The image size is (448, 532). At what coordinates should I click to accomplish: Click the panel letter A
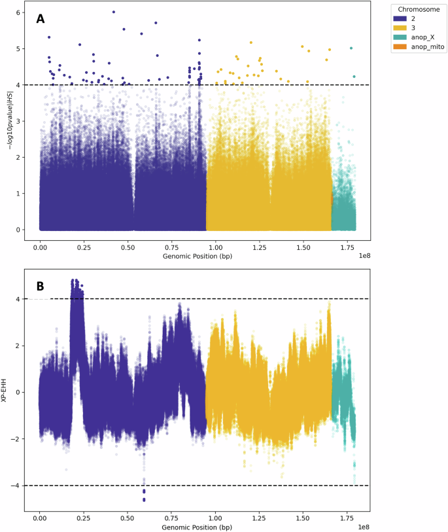(x=41, y=19)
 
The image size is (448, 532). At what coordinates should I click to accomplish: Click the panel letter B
(x=41, y=285)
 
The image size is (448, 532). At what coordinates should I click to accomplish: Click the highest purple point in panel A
(x=114, y=12)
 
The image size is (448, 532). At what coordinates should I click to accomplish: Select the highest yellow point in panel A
(x=250, y=43)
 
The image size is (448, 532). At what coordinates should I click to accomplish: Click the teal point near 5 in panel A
(x=351, y=48)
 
